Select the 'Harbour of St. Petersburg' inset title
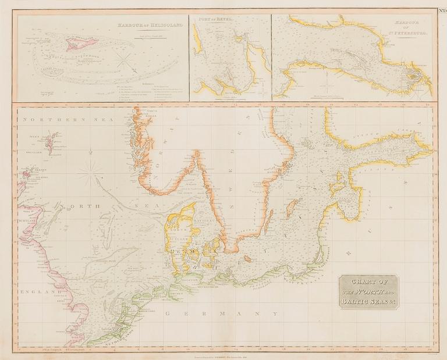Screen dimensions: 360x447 tap(410, 27)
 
